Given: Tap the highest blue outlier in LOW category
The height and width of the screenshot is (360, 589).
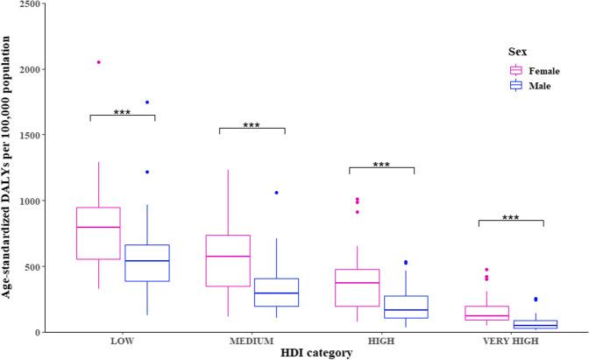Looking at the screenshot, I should (146, 102).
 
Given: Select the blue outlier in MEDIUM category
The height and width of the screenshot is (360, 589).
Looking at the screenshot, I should (276, 193).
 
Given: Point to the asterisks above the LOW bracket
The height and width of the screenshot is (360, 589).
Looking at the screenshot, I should (122, 112).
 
